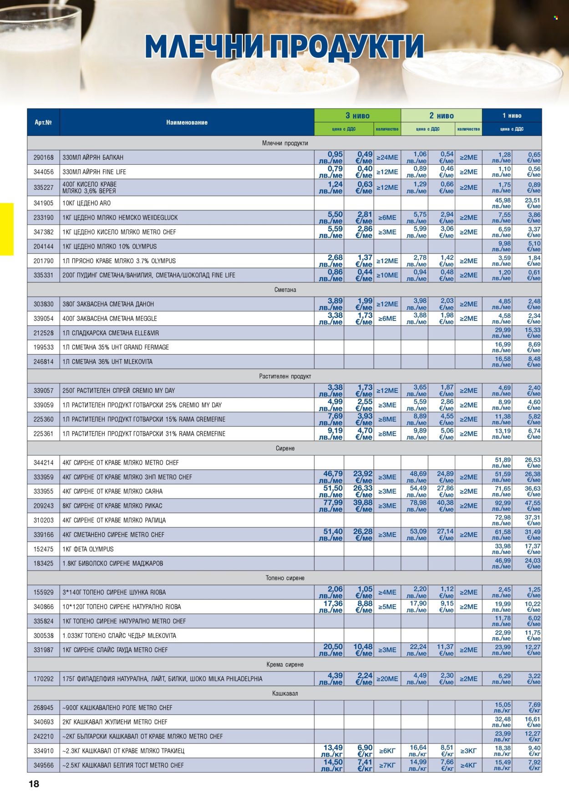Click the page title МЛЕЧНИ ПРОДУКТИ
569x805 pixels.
pos(284,46)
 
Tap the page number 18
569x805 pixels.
pos(34,784)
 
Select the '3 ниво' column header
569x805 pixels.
pos(357,116)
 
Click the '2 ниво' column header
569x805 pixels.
pos(441,116)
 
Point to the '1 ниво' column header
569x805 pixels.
pos(512,116)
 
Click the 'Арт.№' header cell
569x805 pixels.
pos(43,122)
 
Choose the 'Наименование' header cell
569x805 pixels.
pos(187,122)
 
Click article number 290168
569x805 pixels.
pos(43,158)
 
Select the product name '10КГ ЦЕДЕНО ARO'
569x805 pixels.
pos(86,203)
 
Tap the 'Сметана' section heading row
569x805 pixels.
pos(285,290)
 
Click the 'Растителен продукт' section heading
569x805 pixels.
pos(285,376)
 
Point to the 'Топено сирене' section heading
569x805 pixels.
pos(285,578)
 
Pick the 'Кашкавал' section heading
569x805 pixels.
pos(285,693)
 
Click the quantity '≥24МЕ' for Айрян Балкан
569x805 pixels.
pos(387,158)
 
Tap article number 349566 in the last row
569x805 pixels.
pos(43,765)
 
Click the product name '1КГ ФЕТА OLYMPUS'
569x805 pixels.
pos(88,549)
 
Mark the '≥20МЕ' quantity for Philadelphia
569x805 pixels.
pos(387,679)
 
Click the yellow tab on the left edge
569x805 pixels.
pos(7,229)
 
